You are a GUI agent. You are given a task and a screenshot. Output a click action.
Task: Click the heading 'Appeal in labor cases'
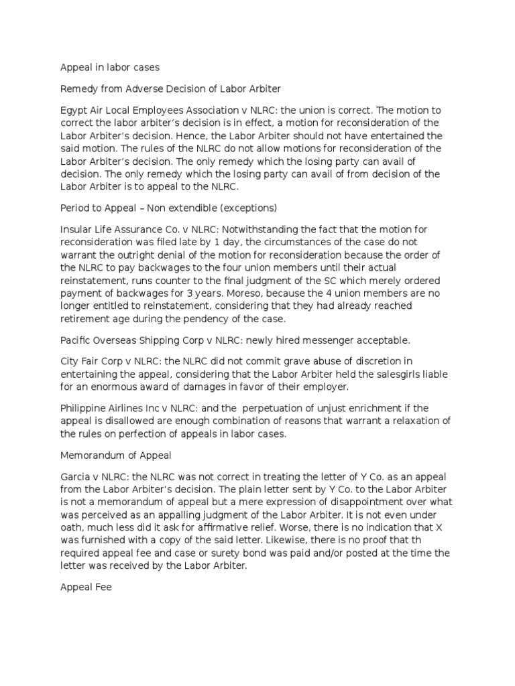coord(109,67)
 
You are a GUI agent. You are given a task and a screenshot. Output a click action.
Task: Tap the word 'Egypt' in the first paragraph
coord(74,110)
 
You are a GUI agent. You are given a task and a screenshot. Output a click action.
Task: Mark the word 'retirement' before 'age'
coord(86,318)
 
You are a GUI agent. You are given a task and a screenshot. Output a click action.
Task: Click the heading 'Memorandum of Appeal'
coord(116,456)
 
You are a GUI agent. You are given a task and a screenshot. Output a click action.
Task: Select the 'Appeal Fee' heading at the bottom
coord(86,588)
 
